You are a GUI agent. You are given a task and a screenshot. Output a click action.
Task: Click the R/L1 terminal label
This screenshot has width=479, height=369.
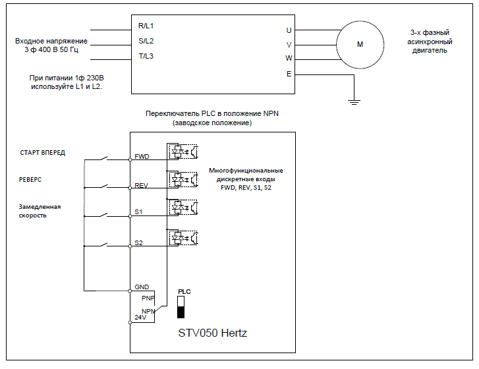pyautogui.click(x=146, y=26)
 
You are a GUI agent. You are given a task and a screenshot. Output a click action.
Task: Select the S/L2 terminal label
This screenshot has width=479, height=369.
pyautogui.click(x=146, y=41)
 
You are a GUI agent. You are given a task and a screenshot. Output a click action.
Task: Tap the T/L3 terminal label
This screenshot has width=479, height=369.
pyautogui.click(x=146, y=56)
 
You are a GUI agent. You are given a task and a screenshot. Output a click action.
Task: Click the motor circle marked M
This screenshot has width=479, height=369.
pyautogui.click(x=360, y=44)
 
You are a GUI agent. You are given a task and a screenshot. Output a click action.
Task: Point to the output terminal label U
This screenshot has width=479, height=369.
pyautogui.click(x=289, y=30)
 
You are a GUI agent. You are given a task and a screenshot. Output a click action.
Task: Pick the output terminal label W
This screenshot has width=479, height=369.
pyautogui.click(x=289, y=58)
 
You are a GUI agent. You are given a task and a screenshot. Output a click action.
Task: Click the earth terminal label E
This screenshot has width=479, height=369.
pyautogui.click(x=289, y=74)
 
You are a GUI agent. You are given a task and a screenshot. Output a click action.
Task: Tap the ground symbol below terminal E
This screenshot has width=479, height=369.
pyautogui.click(x=354, y=101)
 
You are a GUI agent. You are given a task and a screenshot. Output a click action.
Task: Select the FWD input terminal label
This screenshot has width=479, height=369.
pyautogui.click(x=142, y=157)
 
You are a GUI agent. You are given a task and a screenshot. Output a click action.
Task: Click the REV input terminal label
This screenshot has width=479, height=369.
pyautogui.click(x=141, y=186)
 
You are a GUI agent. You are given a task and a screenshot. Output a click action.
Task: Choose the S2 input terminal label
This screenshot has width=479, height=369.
pyautogui.click(x=138, y=242)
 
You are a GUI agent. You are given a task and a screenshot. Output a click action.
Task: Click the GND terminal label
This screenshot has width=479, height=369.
pyautogui.click(x=142, y=287)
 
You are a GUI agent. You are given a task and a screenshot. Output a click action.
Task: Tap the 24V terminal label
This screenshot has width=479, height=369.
pyautogui.click(x=140, y=317)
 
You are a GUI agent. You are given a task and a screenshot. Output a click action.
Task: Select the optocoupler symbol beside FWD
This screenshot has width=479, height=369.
pyautogui.click(x=183, y=150)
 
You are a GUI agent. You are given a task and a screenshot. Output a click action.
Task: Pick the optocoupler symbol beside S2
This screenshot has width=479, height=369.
pyautogui.click(x=183, y=236)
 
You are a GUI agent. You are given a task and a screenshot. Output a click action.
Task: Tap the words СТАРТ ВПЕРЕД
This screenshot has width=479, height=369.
pyautogui.click(x=43, y=153)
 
